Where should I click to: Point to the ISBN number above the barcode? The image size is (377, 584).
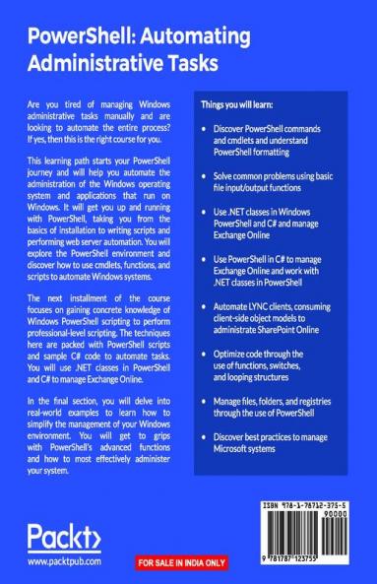click(306, 503)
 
